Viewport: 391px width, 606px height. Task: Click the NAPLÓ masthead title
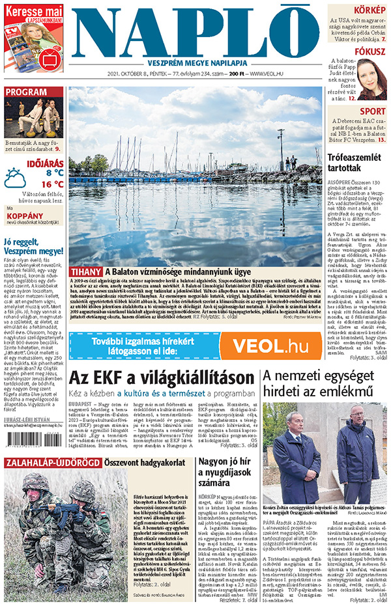[x=196, y=31]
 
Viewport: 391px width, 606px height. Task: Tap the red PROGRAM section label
[x=26, y=92]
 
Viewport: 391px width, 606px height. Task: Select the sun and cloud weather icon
[x=15, y=178]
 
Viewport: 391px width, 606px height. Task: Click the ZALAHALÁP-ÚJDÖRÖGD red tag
[x=52, y=463]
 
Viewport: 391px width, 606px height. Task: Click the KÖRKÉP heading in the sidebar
[x=369, y=10]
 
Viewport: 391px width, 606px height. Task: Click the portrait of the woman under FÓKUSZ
[x=372, y=79]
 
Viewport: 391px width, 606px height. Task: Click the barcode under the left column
[x=34, y=448]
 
